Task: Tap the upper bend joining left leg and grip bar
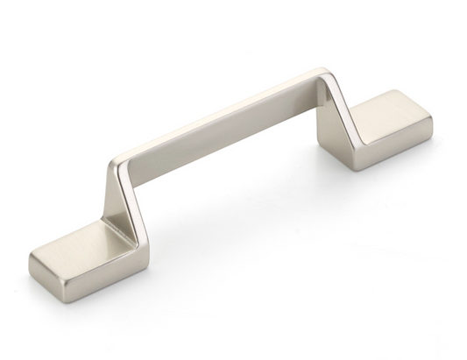tap(121, 163)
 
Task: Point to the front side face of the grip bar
tap(223, 131)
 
